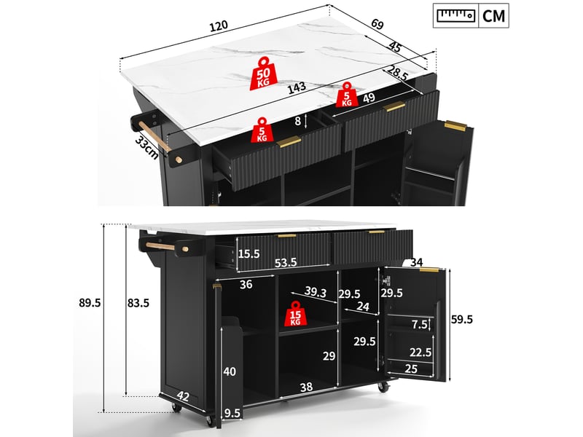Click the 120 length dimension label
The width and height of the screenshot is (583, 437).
click(219, 26)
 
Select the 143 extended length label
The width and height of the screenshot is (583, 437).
click(297, 87)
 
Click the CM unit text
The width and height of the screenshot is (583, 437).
click(493, 16)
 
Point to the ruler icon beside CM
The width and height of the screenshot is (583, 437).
click(456, 15)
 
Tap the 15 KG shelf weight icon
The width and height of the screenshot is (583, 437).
click(295, 314)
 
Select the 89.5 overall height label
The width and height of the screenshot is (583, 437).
click(90, 303)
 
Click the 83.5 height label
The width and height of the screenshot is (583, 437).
click(138, 303)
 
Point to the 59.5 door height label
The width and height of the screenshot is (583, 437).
click(462, 319)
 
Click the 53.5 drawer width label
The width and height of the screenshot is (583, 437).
click(286, 263)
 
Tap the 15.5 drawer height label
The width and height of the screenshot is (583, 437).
click(249, 253)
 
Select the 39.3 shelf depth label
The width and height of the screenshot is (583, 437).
click(316, 292)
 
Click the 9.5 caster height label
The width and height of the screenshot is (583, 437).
click(232, 413)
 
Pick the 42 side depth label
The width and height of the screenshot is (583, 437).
click(183, 396)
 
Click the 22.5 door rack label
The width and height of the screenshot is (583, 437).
click(420, 352)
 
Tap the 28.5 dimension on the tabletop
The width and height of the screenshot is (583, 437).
click(397, 74)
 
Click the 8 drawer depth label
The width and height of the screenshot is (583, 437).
click(297, 121)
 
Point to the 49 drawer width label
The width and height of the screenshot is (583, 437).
click(369, 98)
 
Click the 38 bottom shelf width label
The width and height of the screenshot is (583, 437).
click(306, 387)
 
